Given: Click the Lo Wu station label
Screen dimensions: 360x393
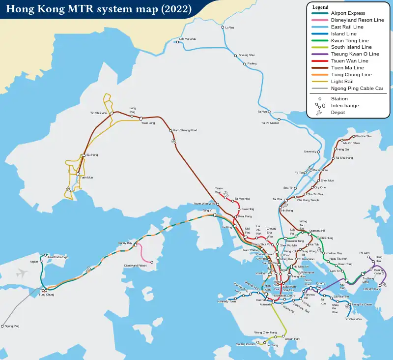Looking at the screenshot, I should point(229,28).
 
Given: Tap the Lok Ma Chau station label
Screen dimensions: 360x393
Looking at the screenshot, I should point(187,38).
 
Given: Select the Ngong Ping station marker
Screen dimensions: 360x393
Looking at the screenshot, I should point(2,326).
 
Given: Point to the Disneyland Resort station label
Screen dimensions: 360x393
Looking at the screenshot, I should point(136,266).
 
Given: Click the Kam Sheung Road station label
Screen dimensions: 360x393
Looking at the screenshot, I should point(185,130).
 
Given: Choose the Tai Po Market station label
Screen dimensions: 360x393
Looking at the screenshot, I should point(270,123).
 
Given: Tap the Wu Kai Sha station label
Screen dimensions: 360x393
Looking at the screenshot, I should point(364,136).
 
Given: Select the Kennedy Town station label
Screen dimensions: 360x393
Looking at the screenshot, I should point(226,301).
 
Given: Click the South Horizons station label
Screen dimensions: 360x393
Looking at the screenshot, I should point(246,344).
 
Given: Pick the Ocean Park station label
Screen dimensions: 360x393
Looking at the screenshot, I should point(292,339).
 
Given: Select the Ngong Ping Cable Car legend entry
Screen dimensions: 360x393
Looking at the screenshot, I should point(357,88).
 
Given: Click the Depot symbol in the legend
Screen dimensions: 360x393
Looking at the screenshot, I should point(319,113).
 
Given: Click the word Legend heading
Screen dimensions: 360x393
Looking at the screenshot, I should point(320,7).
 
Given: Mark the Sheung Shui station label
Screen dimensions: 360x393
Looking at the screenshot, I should point(247,55).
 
